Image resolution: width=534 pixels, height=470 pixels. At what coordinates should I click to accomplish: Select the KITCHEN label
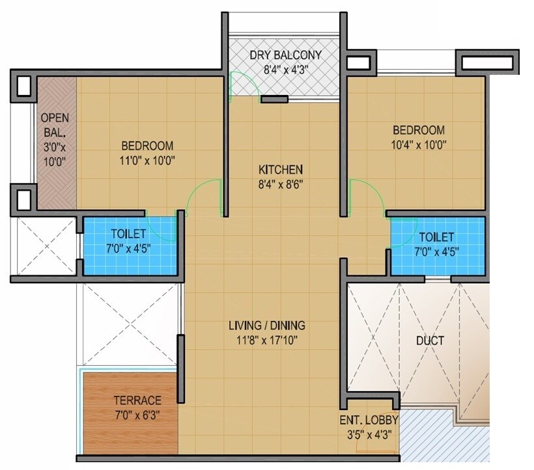click(x=279, y=169)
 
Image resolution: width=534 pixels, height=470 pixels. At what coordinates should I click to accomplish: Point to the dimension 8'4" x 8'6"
click(x=279, y=184)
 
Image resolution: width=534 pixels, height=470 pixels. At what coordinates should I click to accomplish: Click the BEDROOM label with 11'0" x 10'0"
click(x=147, y=145)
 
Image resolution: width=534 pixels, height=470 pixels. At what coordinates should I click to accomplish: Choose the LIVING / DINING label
click(x=266, y=325)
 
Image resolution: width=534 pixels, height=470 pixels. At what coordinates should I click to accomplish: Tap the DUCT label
click(x=430, y=340)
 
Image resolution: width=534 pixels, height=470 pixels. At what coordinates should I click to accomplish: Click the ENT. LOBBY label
click(x=369, y=421)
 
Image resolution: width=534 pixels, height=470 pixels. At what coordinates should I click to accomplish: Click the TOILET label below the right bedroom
click(x=437, y=237)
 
